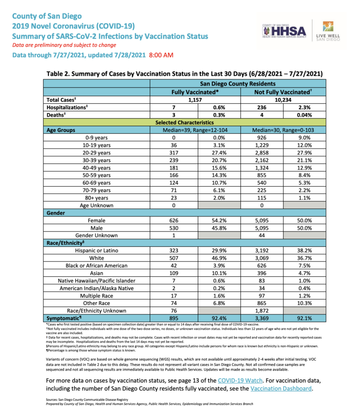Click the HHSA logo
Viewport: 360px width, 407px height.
point(284,31)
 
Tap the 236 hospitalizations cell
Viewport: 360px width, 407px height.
point(261,107)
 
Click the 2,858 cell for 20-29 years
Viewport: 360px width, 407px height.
point(261,153)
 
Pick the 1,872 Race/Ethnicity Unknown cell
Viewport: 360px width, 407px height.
point(261,311)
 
